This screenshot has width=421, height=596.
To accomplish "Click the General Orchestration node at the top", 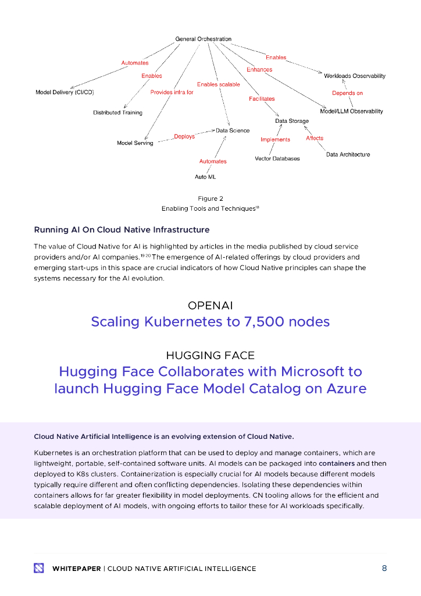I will tap(203, 39).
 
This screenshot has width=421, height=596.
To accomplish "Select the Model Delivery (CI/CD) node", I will tap(65, 93).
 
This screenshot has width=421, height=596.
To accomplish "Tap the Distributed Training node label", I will tap(117, 112).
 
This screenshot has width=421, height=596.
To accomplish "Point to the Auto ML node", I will tap(205, 176).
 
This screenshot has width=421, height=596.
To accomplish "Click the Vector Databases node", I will tap(277, 158).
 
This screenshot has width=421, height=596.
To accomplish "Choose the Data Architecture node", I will tap(348, 154).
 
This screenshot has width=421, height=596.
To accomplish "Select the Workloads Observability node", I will tap(354, 76).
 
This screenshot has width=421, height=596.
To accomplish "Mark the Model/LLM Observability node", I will tap(351, 111).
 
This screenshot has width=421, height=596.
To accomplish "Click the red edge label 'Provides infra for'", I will tap(172, 93).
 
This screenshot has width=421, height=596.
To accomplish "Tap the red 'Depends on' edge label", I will tap(347, 93).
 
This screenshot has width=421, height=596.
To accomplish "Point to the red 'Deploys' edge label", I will tap(184, 136).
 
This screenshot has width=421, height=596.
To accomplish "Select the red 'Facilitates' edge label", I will tap(262, 99).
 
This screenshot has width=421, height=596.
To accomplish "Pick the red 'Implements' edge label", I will tap(275, 140).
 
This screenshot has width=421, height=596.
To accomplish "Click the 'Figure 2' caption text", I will tap(211, 198).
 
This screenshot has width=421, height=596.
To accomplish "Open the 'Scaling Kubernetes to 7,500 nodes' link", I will tap(211, 321).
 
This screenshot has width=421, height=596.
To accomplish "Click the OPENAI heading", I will tap(211, 306).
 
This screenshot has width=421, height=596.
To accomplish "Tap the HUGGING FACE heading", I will tap(211, 355).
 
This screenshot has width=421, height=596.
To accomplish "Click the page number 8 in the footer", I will tap(384, 568).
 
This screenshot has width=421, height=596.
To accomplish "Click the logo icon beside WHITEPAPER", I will tap(39, 568).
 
